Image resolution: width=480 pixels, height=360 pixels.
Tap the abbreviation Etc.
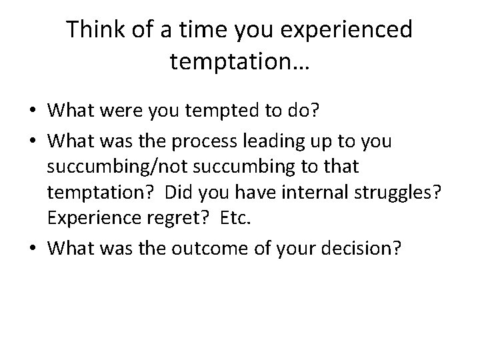(x=229, y=219)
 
